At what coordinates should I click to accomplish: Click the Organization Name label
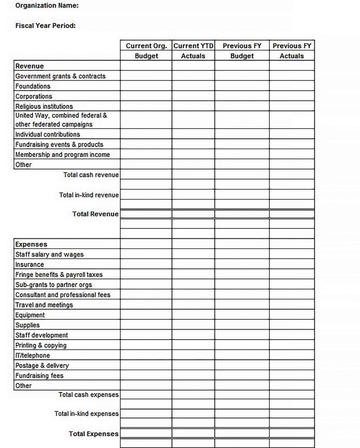(47, 6)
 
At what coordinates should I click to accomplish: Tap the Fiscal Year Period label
(45, 26)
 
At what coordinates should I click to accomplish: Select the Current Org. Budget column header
(146, 51)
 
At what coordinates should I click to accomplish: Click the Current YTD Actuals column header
(193, 51)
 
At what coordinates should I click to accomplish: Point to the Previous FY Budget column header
(242, 51)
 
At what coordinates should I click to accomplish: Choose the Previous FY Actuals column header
(292, 51)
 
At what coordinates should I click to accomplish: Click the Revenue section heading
(30, 66)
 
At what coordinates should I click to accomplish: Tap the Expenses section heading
(31, 244)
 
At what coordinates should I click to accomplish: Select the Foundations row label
(33, 86)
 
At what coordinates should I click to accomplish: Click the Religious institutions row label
(44, 106)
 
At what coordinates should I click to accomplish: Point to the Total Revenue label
(96, 214)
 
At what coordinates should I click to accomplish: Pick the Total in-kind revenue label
(89, 195)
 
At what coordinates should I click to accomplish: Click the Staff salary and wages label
(49, 254)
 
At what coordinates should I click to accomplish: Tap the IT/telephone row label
(32, 355)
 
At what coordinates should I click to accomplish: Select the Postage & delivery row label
(42, 365)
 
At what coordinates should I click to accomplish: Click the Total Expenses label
(94, 434)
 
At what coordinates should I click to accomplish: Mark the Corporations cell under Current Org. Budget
(146, 96)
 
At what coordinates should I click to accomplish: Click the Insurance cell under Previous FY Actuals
(292, 264)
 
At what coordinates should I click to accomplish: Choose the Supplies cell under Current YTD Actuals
(193, 325)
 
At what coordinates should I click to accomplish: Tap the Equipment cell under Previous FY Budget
(242, 315)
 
